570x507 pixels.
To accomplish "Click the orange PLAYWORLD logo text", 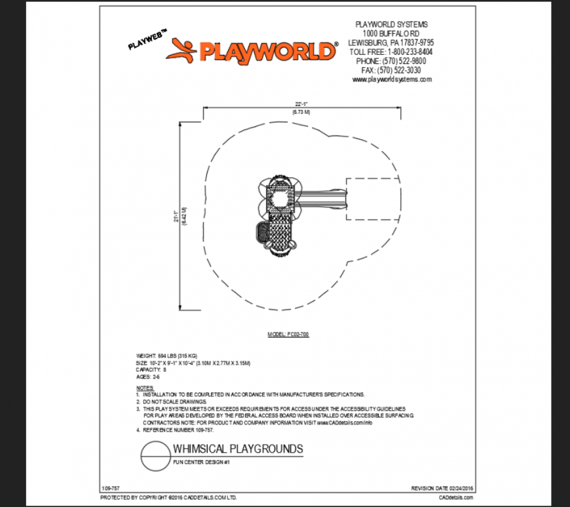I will pyautogui.click(x=269, y=51).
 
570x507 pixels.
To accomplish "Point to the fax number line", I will pyautogui.click(x=391, y=70).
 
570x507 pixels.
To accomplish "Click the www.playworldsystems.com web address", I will pyautogui.click(x=391, y=79).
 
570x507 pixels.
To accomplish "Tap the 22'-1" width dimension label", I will pyautogui.click(x=301, y=104).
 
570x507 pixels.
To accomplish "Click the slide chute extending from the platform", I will pyautogui.click(x=323, y=196).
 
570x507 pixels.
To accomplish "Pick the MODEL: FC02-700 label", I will pyautogui.click(x=288, y=334).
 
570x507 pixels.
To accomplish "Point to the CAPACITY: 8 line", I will pyautogui.click(x=151, y=370).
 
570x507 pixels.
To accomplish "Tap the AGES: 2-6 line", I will pyautogui.click(x=148, y=377).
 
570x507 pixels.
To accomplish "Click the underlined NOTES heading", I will pyautogui.click(x=145, y=388).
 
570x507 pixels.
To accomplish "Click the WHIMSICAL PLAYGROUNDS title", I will pyautogui.click(x=238, y=449).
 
